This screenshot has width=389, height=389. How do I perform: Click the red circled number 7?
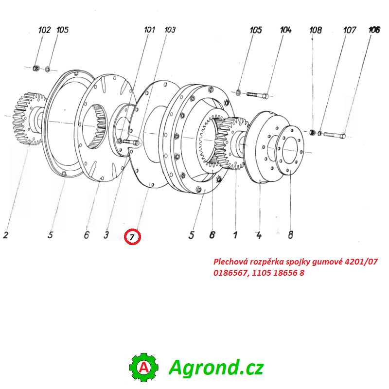(x=132, y=237)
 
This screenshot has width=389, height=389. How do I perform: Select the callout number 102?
(x=44, y=30)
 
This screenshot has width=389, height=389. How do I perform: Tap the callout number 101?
(x=149, y=30)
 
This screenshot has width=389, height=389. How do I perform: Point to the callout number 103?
(x=169, y=30)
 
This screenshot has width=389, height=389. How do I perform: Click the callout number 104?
(x=285, y=30)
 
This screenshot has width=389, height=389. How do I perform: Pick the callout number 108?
(x=316, y=30)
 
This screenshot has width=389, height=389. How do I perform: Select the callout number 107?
(x=350, y=30)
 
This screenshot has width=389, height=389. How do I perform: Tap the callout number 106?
(x=374, y=30)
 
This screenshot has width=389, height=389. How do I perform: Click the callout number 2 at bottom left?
(x=5, y=236)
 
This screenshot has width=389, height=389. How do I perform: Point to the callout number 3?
(x=106, y=236)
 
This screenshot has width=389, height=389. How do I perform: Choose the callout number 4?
(x=259, y=236)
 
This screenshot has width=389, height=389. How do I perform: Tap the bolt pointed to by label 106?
(x=334, y=134)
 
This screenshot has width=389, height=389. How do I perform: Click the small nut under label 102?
(x=36, y=68)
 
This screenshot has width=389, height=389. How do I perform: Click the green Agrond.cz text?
(x=216, y=367)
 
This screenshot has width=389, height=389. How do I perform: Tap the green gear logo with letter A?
(x=143, y=368)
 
